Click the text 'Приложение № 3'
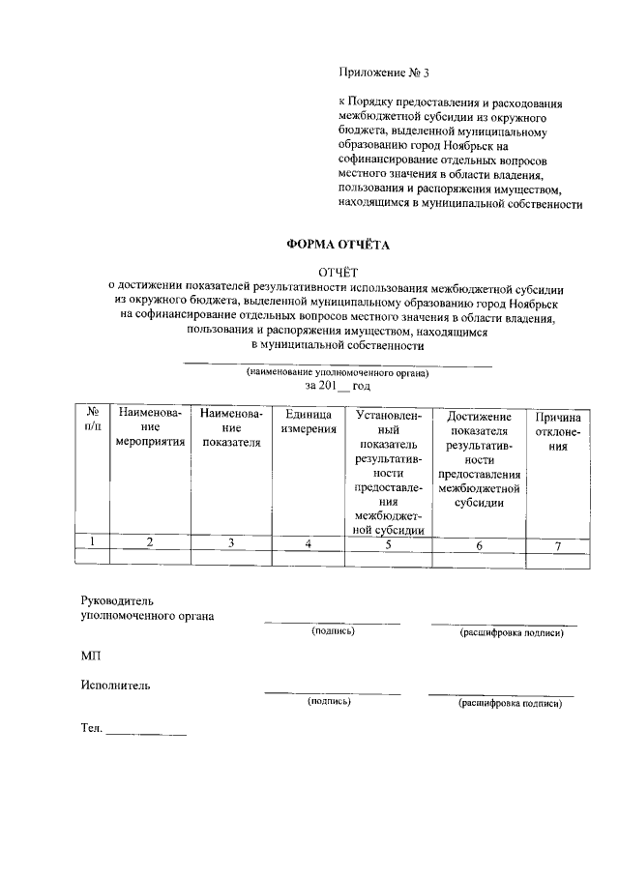coord(383,73)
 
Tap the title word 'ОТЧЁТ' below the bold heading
coord(338,273)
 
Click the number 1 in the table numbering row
coord(92,542)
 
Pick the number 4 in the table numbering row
coord(308,544)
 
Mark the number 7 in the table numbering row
coord(557,546)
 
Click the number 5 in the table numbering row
coord(388,544)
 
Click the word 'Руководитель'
coord(118,600)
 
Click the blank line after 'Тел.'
coord(146,730)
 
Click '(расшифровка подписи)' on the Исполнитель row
coord(510,703)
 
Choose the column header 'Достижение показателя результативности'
coord(479,458)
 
